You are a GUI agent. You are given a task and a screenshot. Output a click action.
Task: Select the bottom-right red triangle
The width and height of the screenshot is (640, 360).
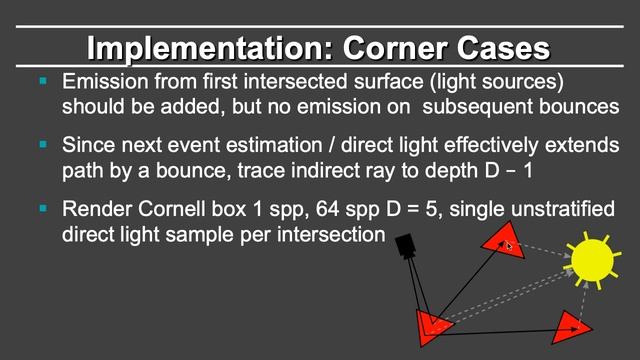click(570, 325)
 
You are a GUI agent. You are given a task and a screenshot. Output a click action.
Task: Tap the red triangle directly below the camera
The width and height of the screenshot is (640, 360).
click(433, 324)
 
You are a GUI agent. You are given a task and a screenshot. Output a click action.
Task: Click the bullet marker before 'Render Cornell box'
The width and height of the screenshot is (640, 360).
click(43, 209)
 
